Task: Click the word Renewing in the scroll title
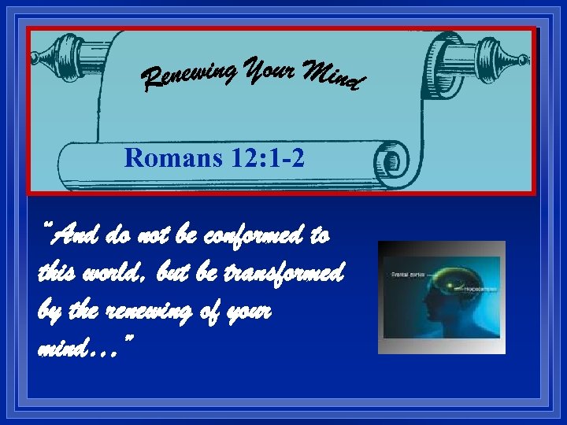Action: [x=189, y=76]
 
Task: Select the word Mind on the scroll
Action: [x=331, y=74]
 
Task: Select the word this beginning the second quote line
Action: [x=55, y=273]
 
